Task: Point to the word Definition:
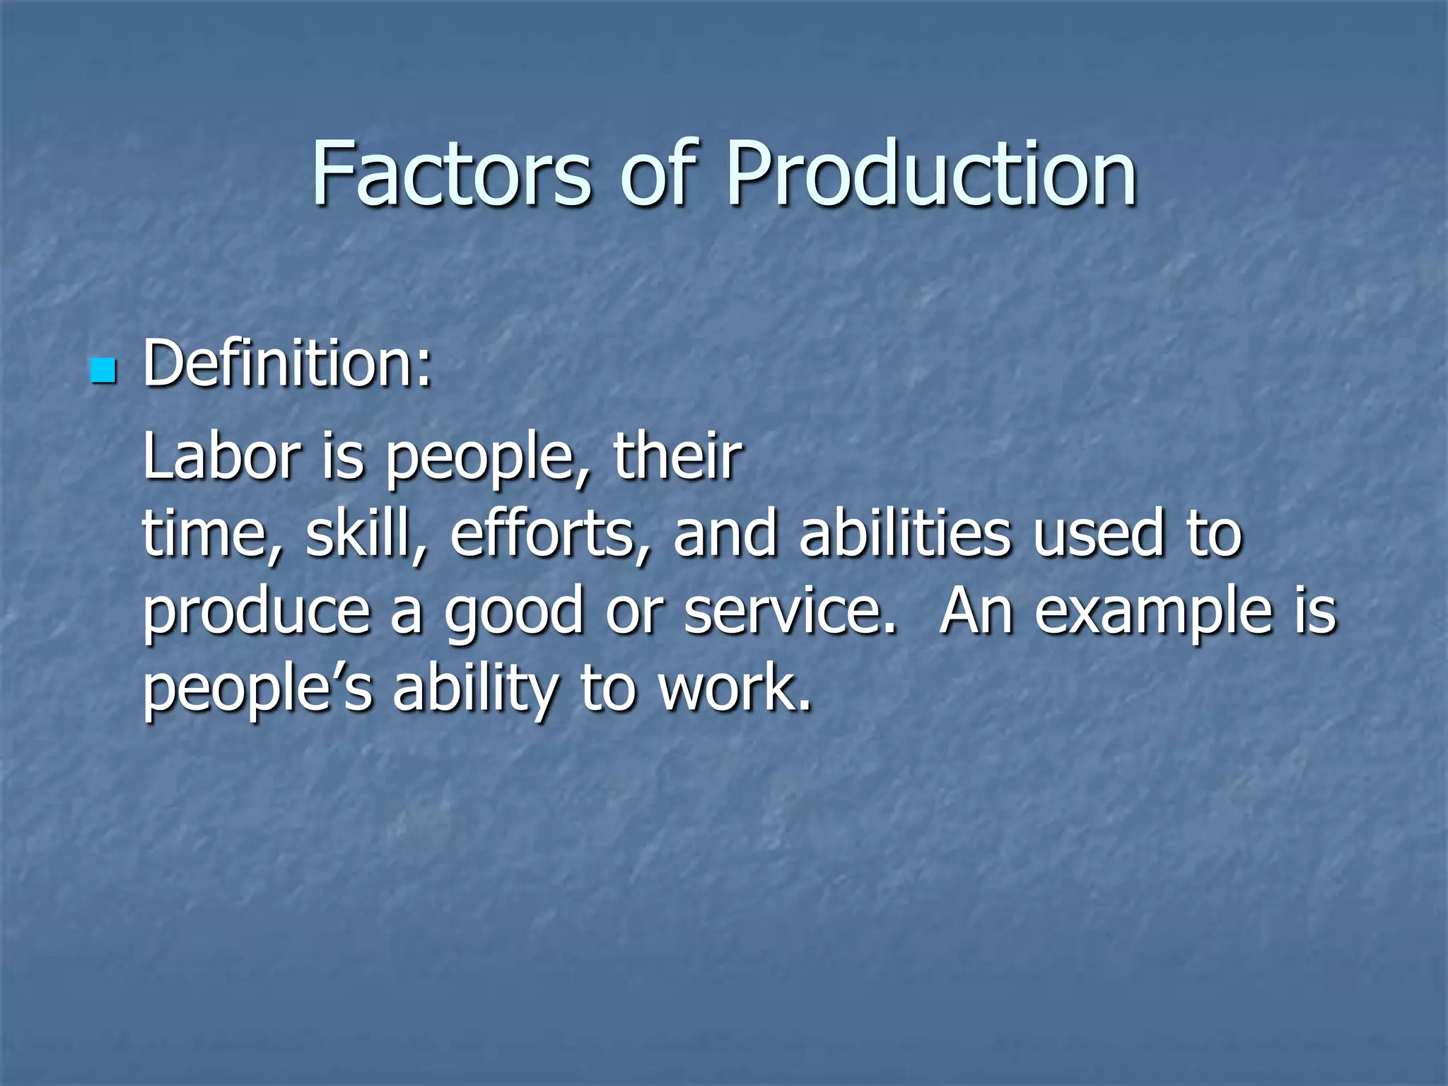[x=287, y=365]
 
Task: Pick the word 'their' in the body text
[x=677, y=456]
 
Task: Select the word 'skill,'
[x=366, y=535]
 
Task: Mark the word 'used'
[x=1098, y=535]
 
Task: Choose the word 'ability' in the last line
[x=476, y=689]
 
